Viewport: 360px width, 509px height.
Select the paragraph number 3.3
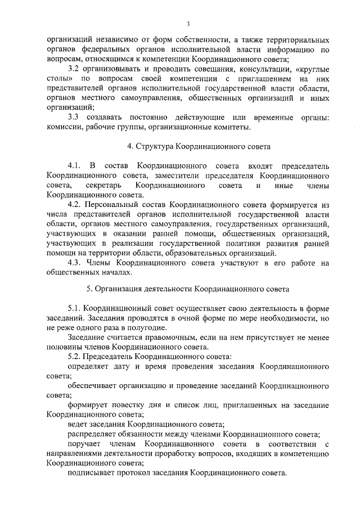[x=74, y=117]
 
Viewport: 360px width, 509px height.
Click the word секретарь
[x=106, y=185]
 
